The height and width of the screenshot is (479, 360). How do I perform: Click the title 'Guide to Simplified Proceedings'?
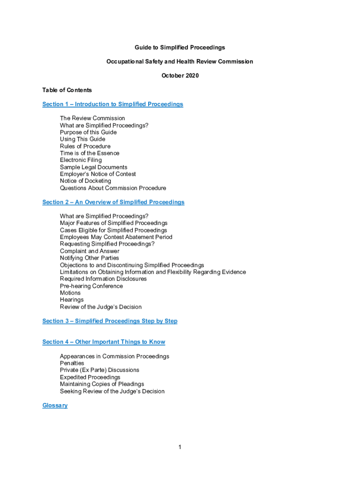180,47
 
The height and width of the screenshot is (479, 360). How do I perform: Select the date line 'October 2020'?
180,75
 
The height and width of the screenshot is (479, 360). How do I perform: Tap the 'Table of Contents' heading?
67,90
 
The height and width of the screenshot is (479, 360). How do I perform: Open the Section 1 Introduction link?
113,104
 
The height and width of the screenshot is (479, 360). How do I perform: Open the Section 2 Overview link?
113,202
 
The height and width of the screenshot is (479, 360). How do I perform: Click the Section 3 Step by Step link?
110,321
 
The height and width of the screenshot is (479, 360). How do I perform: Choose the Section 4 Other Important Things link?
103,342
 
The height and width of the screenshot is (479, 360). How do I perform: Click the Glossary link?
55,405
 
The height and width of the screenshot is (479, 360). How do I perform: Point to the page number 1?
180,447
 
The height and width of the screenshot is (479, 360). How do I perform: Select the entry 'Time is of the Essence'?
89,153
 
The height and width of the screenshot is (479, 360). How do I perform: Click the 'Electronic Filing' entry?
80,160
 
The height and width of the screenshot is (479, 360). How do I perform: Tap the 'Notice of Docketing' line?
85,181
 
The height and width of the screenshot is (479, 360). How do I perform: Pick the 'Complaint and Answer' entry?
89,251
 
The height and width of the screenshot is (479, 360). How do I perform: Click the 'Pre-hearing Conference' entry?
91,286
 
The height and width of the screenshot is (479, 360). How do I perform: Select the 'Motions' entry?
70,293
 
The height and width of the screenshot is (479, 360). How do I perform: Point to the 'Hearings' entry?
72,300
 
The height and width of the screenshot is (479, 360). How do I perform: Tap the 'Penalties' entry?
72,363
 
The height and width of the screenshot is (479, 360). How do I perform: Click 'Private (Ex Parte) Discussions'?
99,370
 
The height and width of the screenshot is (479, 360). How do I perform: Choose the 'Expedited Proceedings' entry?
90,377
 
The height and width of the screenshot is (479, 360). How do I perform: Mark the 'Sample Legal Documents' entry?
94,167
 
